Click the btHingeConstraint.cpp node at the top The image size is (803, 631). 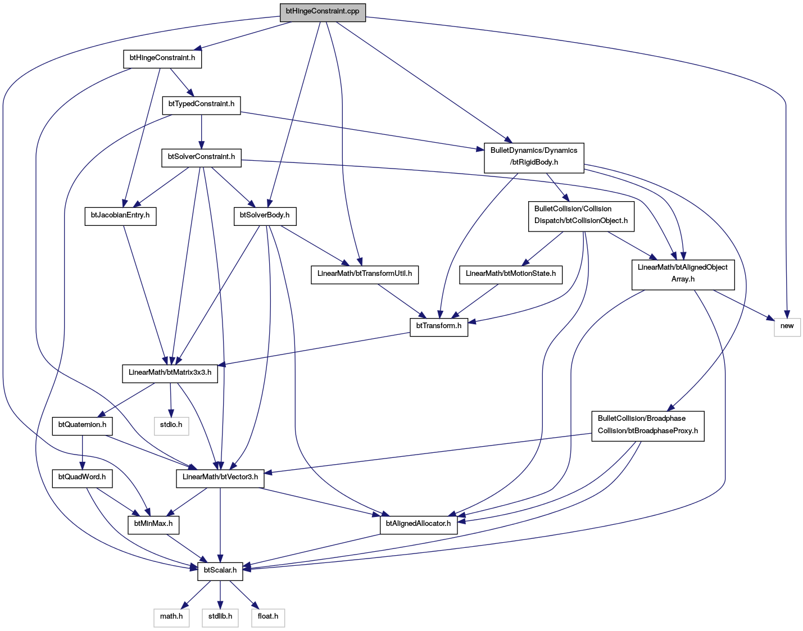pos(323,12)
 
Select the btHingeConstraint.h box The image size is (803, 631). pos(162,59)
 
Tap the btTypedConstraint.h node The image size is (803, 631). pos(201,105)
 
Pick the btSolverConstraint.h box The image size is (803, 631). pos(201,158)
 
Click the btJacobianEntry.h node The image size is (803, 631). pos(120,216)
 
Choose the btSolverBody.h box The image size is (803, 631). pos(265,216)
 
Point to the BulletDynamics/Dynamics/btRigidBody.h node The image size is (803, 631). pos(534,158)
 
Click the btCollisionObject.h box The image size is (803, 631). pos(581,216)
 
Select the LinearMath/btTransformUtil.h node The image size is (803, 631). pos(365,275)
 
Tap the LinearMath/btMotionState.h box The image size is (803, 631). pos(511,275)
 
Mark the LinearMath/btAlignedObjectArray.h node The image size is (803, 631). pos(683,275)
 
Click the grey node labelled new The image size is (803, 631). pos(787,327)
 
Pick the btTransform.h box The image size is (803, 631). pos(439,327)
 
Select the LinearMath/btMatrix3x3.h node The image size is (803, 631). pos(170,374)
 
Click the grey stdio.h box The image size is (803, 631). pos(171,426)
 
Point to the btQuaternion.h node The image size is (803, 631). pos(83,426)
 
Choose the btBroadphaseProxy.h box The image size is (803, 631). pos(648,426)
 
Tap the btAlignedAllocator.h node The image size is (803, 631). pos(419,525)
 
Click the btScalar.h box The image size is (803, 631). pos(220,571)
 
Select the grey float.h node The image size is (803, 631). pos(268,618)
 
